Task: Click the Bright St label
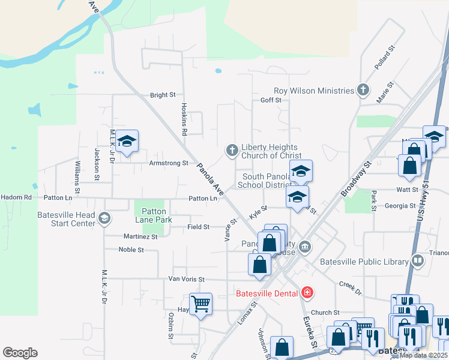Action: [162, 95]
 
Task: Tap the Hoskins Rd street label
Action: [184, 118]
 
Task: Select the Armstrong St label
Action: [169, 163]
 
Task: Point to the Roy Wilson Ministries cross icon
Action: [363, 90]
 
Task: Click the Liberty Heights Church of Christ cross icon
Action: [232, 150]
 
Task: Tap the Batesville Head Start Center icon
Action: [105, 217]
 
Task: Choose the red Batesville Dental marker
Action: [307, 293]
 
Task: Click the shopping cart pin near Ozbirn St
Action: [200, 304]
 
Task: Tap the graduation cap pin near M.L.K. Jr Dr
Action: [127, 141]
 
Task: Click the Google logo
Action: [20, 353]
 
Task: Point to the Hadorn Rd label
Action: [16, 197]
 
